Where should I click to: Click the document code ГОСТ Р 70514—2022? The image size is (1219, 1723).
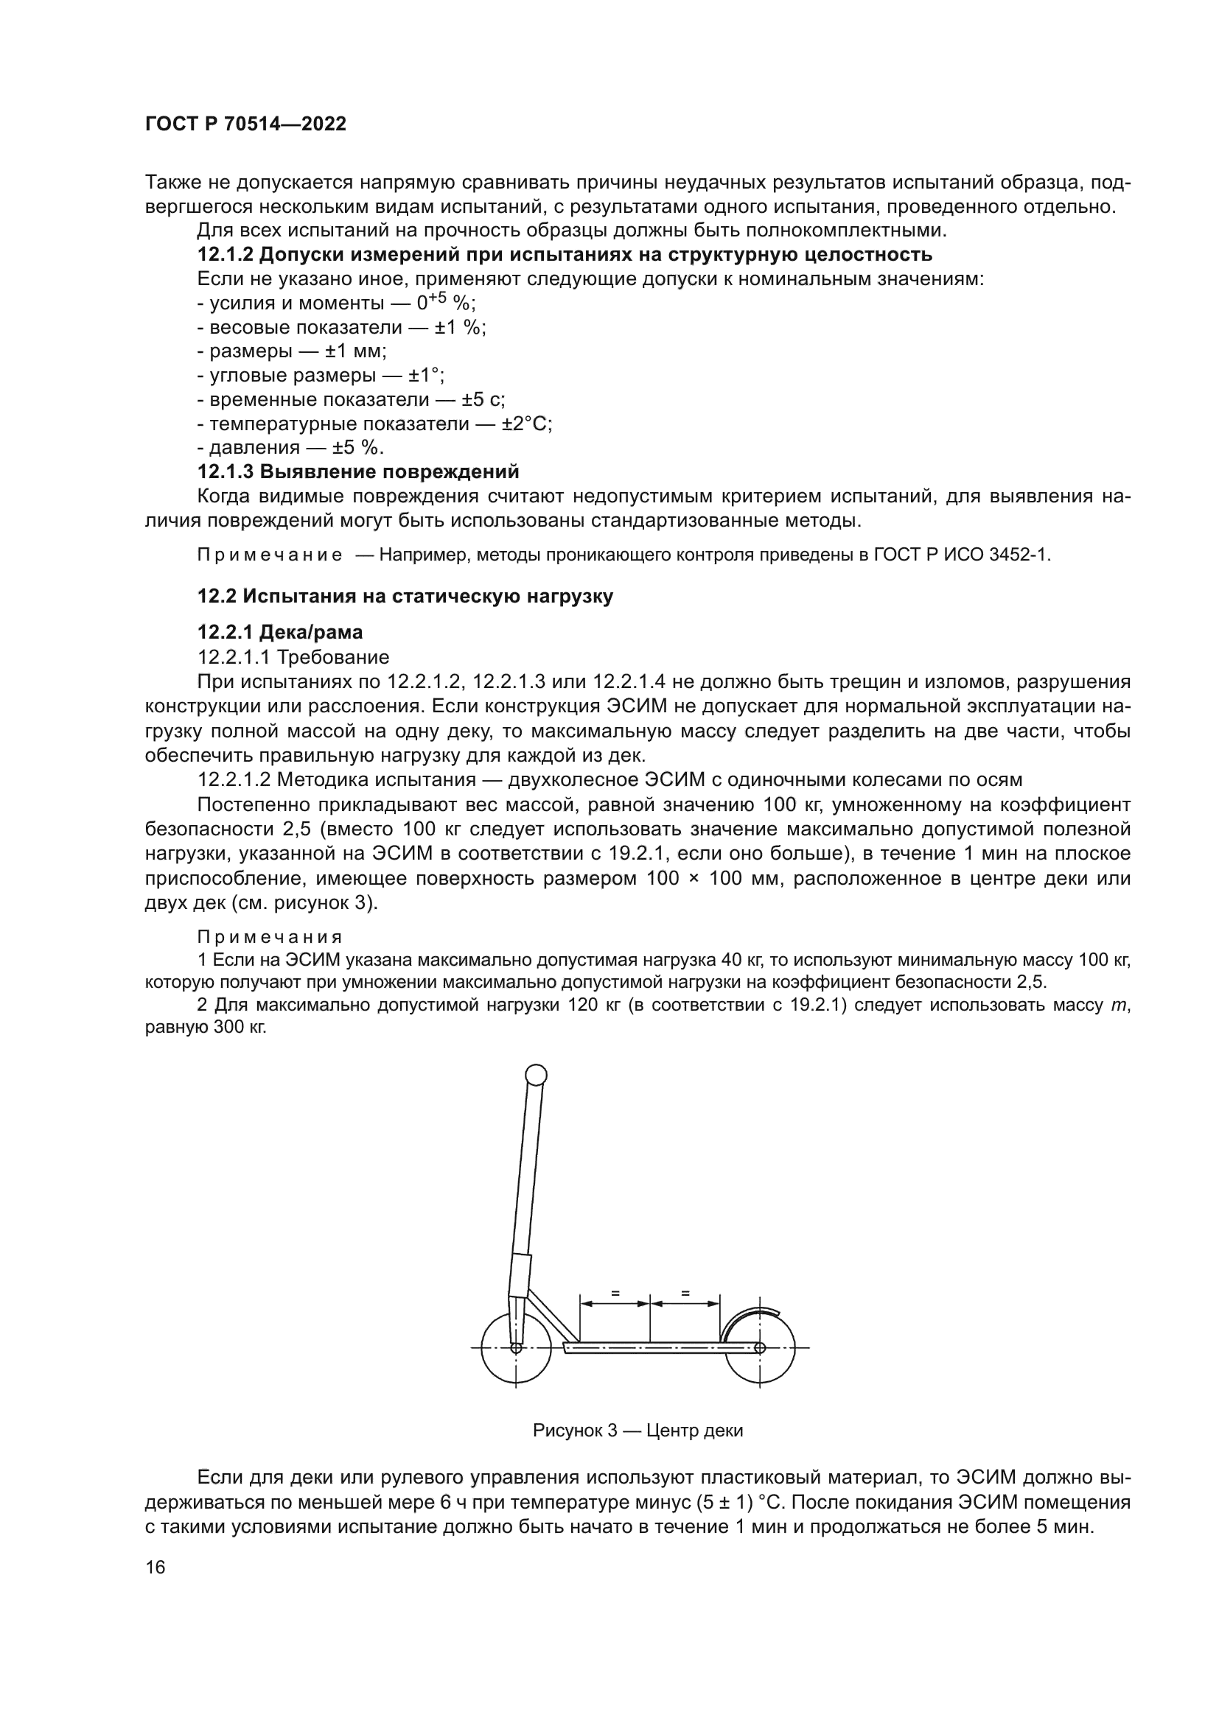tap(245, 124)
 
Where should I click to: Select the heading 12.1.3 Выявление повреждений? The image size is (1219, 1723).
tap(358, 472)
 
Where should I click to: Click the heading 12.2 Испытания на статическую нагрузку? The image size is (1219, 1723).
tap(405, 597)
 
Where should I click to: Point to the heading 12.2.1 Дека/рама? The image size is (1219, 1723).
tap(280, 633)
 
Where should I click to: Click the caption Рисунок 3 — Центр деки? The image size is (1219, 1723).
tap(638, 1431)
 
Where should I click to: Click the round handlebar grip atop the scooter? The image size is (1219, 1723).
tap(536, 1075)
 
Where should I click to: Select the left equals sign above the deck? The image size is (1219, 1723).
tap(615, 1293)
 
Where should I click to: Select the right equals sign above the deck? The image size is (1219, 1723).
tap(685, 1293)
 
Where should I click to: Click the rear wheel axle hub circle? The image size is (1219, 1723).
tap(760, 1348)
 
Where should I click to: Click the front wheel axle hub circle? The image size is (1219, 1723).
tap(516, 1348)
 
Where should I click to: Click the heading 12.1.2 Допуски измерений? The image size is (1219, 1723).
tap(565, 254)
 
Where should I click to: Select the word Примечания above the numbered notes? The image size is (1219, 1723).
tap(270, 937)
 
